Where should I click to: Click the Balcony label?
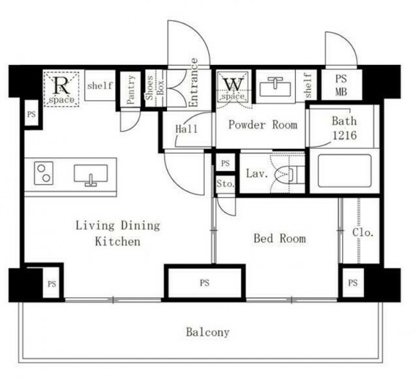coord(207,332)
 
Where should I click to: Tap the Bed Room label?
coord(279,238)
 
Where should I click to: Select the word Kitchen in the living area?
coord(118,241)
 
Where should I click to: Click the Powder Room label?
coord(263,125)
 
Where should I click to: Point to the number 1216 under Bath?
coord(344,135)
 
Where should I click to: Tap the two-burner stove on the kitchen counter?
coord(44,173)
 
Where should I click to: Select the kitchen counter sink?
coord(91,175)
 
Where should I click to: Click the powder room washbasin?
coord(276,86)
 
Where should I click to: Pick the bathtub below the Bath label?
coord(344,171)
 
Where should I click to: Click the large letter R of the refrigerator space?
coord(62,85)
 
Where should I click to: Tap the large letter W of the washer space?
coord(233,84)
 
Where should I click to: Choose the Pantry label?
coord(131,89)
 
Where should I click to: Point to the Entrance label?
coord(194,83)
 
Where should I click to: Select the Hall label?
coord(187,129)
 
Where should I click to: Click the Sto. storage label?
coord(226,183)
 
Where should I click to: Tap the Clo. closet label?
coord(363,232)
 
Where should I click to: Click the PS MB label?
coord(341,85)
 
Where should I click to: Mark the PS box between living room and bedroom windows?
coord(205,283)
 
